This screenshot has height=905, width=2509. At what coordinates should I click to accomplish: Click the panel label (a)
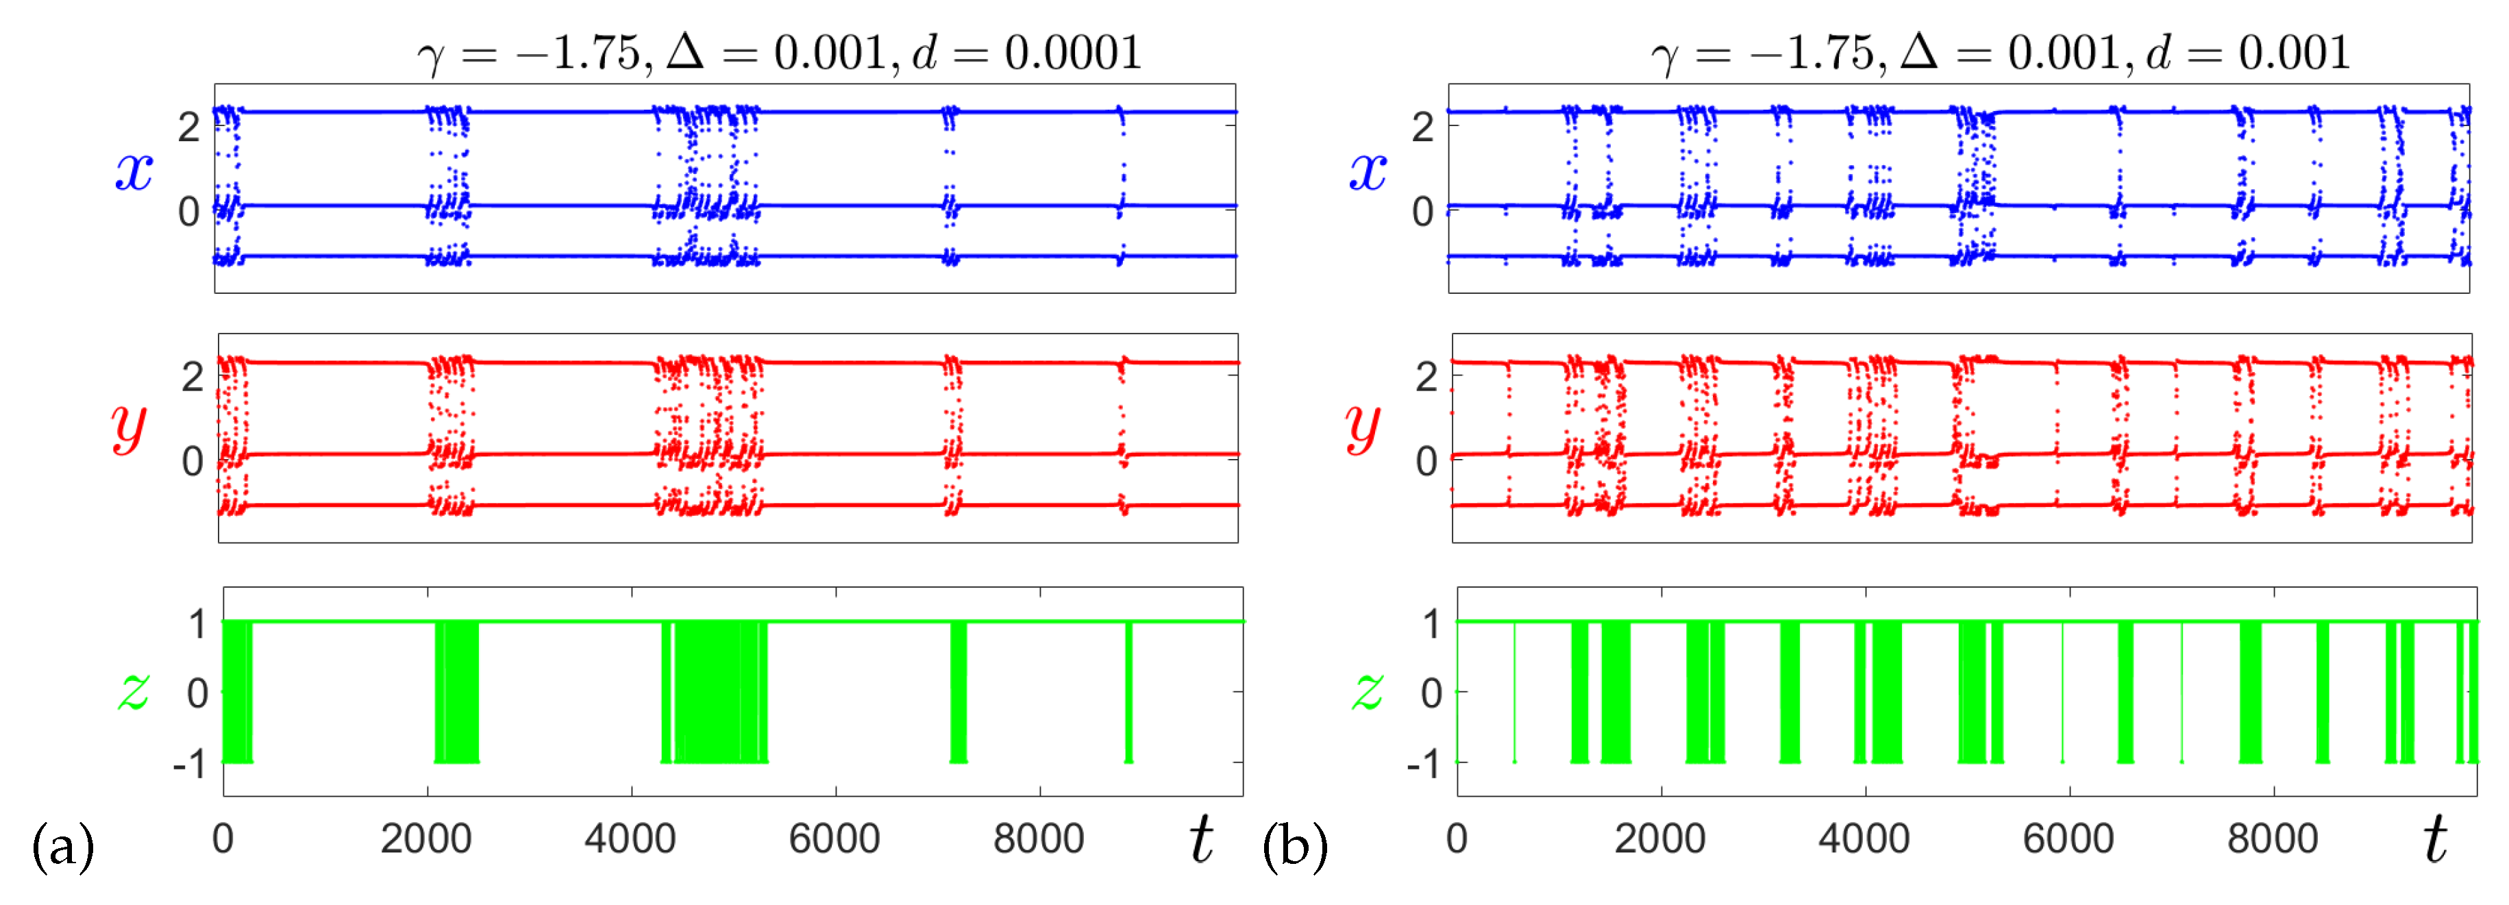click(x=62, y=845)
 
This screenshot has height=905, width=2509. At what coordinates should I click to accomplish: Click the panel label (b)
click(x=1294, y=845)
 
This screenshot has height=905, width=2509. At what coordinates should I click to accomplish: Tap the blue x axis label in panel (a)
click(x=134, y=171)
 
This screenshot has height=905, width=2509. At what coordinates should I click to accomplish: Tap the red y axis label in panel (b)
click(x=1363, y=425)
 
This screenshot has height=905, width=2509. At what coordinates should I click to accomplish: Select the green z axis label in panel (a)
click(x=134, y=690)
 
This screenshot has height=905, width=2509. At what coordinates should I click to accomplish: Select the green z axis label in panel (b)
click(x=1368, y=690)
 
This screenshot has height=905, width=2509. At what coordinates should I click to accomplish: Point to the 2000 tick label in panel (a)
click(x=425, y=839)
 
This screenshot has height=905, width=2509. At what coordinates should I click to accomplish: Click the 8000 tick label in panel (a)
click(x=1038, y=839)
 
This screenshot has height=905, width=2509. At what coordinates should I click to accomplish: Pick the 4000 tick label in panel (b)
click(x=1863, y=839)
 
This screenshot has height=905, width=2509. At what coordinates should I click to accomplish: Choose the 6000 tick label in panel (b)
click(x=2068, y=839)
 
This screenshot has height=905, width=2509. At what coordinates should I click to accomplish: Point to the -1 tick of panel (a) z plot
click(x=190, y=765)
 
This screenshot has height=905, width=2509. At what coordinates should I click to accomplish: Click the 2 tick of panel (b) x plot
click(x=1423, y=127)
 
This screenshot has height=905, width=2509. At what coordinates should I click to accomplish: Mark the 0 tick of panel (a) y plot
click(x=192, y=462)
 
